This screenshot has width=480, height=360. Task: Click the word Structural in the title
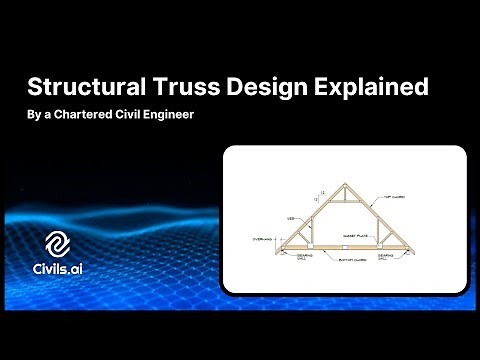pyautogui.click(x=89, y=87)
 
